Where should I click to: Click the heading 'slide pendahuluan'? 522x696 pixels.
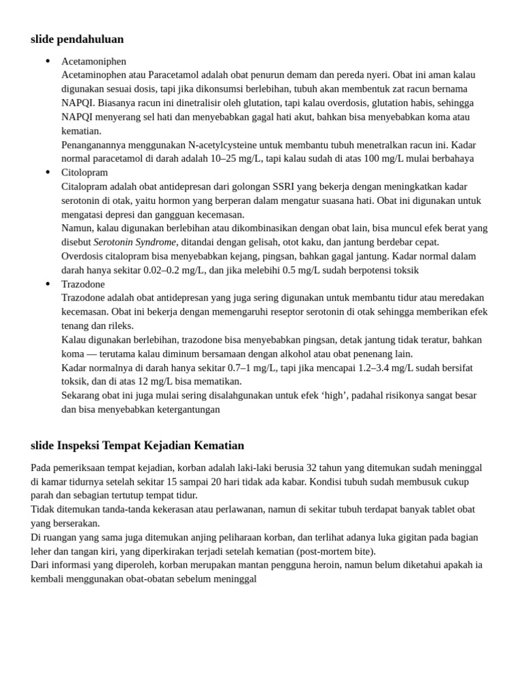(77, 39)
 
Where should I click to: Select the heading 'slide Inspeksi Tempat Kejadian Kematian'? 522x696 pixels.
(137, 446)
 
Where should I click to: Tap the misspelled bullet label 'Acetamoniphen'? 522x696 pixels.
(94, 61)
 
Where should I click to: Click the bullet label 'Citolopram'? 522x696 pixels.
(84, 173)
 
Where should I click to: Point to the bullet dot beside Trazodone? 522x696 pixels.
(48, 284)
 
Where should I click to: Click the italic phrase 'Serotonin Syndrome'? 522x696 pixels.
(135, 242)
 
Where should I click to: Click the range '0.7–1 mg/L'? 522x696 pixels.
(254, 368)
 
